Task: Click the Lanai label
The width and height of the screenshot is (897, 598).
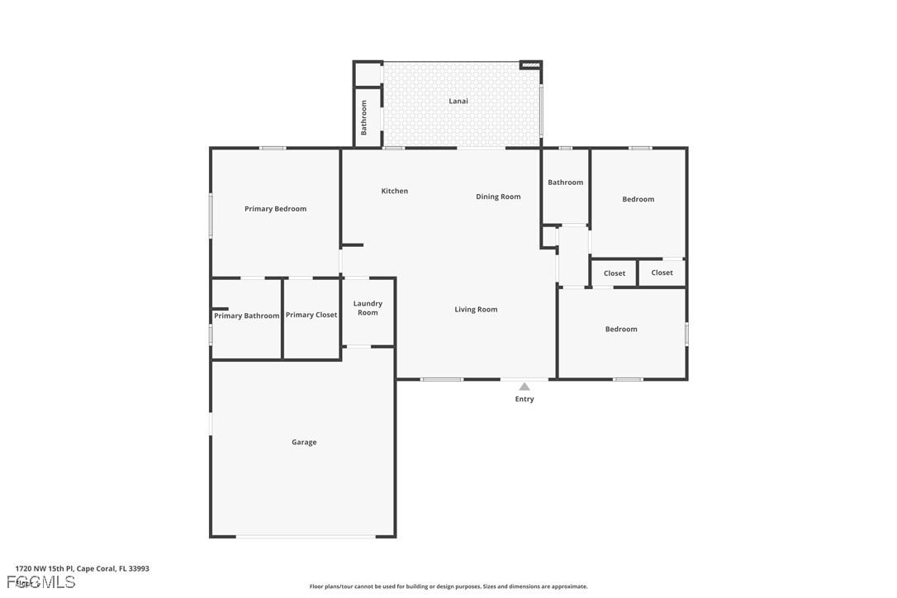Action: pos(458,101)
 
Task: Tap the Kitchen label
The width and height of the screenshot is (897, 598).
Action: pos(394,191)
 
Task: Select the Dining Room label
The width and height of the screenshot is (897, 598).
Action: pos(498,197)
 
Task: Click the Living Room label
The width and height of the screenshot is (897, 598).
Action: pos(476,309)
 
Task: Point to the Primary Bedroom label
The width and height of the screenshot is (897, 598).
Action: pos(275,209)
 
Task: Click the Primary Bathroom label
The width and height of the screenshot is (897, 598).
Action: pos(246,316)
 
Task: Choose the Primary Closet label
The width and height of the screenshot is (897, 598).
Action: pos(311,315)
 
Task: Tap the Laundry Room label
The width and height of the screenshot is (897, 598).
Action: pos(368,308)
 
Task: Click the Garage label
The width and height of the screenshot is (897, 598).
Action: pos(304,442)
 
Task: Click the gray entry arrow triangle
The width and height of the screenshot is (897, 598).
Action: pos(524,386)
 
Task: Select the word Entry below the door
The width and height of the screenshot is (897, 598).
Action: pos(524,399)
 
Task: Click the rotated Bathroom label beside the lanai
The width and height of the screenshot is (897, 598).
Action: pos(363,117)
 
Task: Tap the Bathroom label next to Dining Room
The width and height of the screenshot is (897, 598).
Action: pos(565,183)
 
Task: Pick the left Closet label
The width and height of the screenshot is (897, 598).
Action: pos(615,273)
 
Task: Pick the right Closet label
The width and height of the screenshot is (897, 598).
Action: pos(662,273)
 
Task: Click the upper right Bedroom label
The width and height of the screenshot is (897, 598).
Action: pos(638,199)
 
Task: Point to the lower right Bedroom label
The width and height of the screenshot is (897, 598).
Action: pos(621,329)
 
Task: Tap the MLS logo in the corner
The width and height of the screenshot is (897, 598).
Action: pos(41,582)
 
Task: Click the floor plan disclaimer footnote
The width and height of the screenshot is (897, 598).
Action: pos(448,586)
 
